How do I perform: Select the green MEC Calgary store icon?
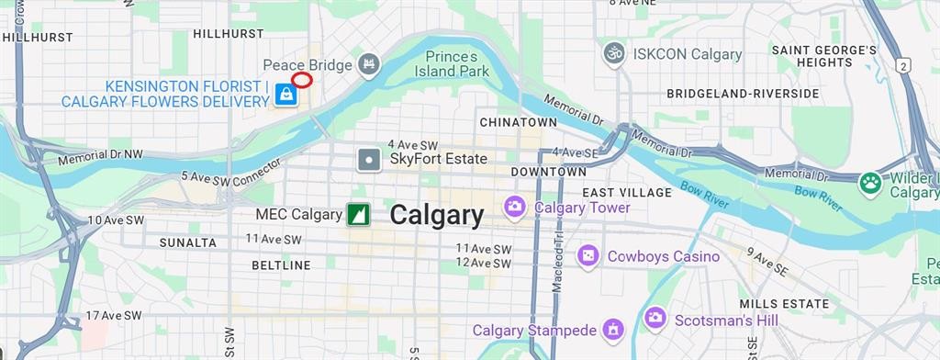pos(358,215)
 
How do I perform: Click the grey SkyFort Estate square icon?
pos(369,160)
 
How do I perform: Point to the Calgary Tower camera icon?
pos(516,208)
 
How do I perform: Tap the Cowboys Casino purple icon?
pos(588,256)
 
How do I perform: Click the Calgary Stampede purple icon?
pos(613,329)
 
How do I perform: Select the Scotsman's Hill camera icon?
pos(655,319)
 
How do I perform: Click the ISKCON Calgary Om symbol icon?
pos(614,53)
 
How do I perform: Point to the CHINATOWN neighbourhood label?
pos(518,122)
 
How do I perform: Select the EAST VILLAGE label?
pos(627,193)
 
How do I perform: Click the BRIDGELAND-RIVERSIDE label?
pos(743,94)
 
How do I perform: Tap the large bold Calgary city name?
pos(436,215)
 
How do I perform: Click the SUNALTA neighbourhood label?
pos(188,242)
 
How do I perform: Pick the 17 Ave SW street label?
pos(114,315)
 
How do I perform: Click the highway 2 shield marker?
pos(905,66)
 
